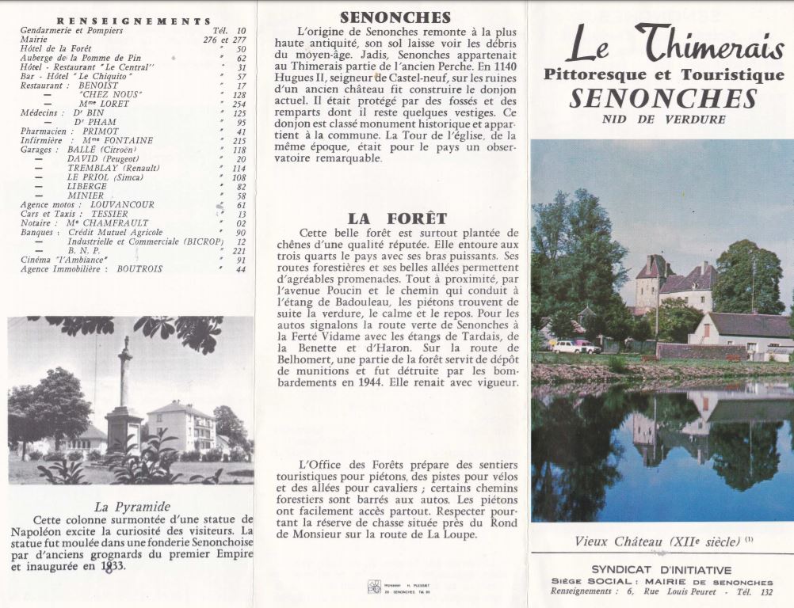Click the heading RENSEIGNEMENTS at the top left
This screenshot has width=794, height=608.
[x=134, y=21]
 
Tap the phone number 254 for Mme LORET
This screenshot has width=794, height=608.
[x=239, y=104]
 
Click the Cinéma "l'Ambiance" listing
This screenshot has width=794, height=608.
[x=65, y=260]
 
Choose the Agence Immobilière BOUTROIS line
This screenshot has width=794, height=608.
[x=92, y=269]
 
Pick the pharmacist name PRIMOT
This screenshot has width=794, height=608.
[x=101, y=131]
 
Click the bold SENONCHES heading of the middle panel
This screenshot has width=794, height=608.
[x=395, y=17]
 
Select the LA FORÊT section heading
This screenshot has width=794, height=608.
[x=397, y=218]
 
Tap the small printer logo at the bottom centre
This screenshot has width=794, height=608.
[x=373, y=587]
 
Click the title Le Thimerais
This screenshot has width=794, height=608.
[x=674, y=45]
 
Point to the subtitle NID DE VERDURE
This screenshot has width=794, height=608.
[x=662, y=120]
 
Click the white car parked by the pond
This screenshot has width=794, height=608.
[x=566, y=346]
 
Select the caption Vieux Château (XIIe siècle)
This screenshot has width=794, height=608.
[x=658, y=541]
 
